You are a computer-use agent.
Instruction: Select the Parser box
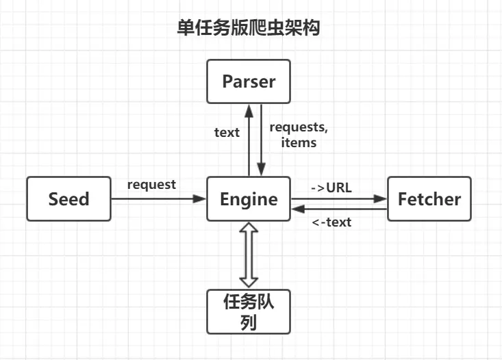249,81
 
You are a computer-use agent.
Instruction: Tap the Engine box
249,199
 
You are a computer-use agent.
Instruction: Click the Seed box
68,199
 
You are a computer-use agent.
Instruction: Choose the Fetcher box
429,199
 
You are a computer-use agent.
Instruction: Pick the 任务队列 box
249,311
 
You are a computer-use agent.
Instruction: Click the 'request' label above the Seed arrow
151,185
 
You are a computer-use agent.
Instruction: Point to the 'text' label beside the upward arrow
227,132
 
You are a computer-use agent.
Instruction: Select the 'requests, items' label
293,135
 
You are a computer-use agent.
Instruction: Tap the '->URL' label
331,187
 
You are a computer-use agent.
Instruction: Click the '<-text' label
331,222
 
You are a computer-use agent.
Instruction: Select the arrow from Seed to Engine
158,199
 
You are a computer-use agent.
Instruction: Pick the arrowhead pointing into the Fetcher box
381,199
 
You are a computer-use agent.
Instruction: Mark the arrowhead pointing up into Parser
249,110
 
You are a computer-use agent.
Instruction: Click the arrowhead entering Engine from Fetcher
297,209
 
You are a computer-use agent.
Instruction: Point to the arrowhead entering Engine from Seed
200,199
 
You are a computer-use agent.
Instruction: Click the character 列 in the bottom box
249,322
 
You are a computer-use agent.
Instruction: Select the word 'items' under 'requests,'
299,142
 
